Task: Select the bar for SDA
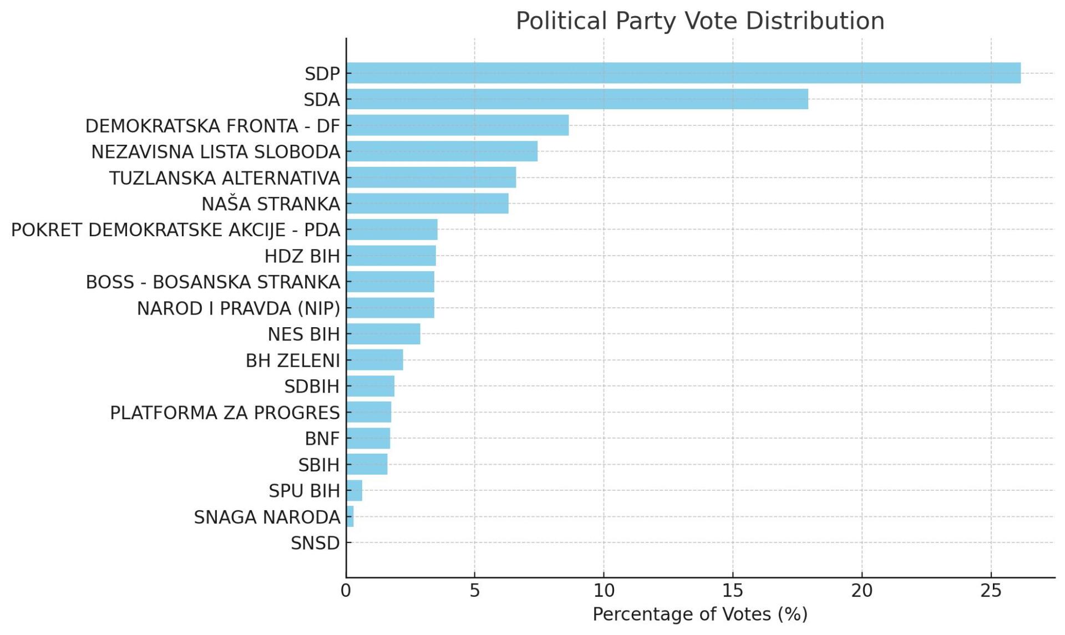(x=577, y=99)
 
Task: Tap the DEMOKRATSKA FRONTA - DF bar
(x=458, y=125)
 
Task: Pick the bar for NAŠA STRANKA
(x=427, y=204)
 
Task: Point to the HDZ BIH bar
(x=391, y=256)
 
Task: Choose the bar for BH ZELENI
(x=375, y=360)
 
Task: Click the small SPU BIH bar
(x=354, y=490)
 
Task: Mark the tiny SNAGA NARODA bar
(x=350, y=516)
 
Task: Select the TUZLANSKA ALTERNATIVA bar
(x=431, y=177)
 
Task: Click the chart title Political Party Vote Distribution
(x=700, y=21)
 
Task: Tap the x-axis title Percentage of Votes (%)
(x=700, y=614)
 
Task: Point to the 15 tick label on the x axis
(x=733, y=591)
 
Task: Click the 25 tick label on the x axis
(x=991, y=591)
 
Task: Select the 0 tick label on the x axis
(x=346, y=591)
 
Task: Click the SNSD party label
(x=315, y=543)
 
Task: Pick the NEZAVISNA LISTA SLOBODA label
(x=215, y=151)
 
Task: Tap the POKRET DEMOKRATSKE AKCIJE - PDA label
(x=175, y=230)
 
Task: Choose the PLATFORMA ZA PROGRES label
(x=225, y=413)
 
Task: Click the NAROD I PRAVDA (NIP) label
(x=239, y=308)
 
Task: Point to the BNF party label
(x=322, y=439)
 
